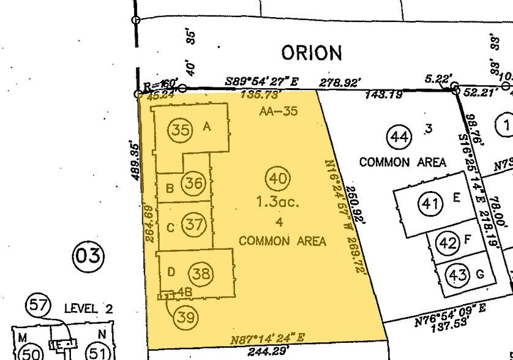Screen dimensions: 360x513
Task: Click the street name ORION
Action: pyautogui.click(x=311, y=53)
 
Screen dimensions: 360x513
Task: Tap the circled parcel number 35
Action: pyautogui.click(x=181, y=130)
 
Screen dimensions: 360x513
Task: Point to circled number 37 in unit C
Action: pyautogui.click(x=194, y=225)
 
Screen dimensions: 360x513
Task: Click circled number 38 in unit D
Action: pyautogui.click(x=200, y=274)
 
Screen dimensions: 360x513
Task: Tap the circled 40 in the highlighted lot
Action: pyautogui.click(x=277, y=162)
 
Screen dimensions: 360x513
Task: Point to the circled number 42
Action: pyautogui.click(x=448, y=243)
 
